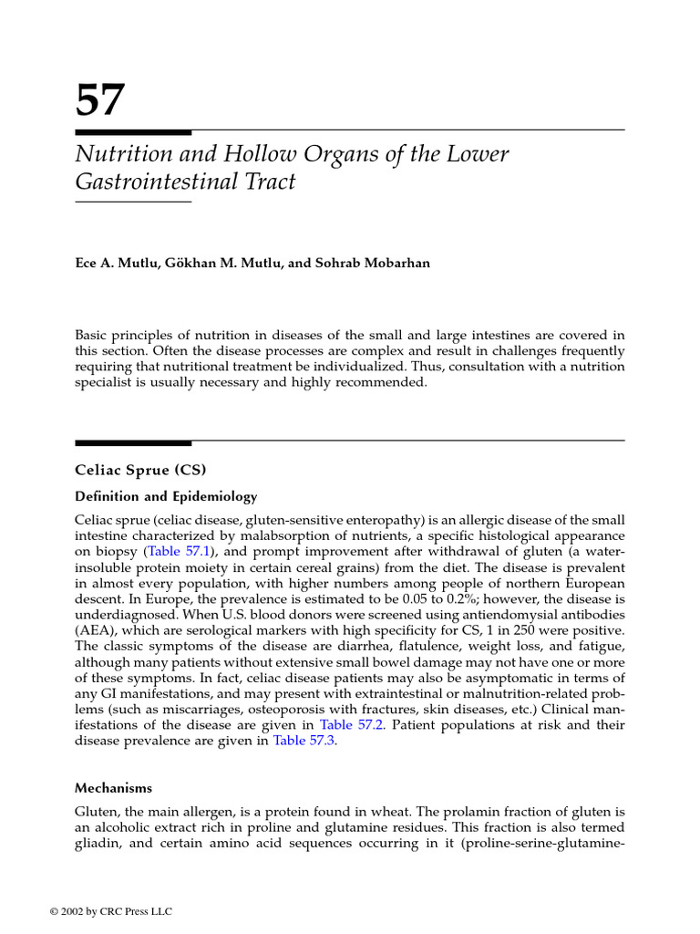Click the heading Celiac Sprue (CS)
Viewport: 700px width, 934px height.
[140, 471]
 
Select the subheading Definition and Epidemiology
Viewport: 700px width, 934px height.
[166, 497]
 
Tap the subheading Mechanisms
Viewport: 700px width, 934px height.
[113, 787]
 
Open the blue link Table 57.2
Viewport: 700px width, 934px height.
[347, 724]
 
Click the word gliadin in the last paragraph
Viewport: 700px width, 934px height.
[97, 843]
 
